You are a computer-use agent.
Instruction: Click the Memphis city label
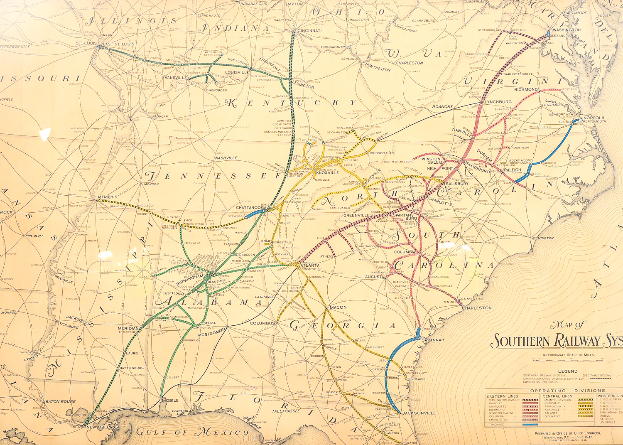[108, 197]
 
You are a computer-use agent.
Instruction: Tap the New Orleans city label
[102, 427]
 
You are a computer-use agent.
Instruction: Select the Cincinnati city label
[309, 31]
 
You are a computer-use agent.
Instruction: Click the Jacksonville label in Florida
[419, 413]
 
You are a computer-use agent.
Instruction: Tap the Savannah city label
[432, 340]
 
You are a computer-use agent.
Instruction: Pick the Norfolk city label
[594, 118]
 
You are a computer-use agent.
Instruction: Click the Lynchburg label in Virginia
[498, 102]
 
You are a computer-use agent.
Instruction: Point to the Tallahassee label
[286, 411]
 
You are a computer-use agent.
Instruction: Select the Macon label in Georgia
[338, 307]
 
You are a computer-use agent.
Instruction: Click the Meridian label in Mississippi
[128, 328]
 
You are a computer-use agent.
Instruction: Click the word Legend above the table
[567, 371]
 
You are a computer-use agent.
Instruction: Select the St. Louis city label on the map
[86, 43]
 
